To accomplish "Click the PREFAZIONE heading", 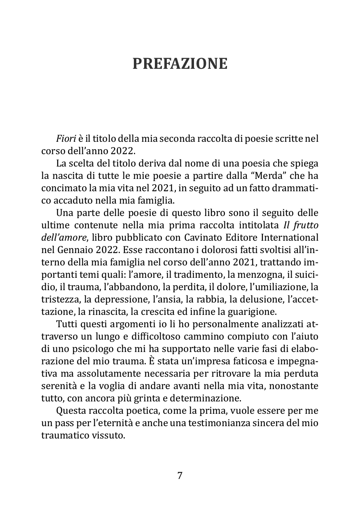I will point(180,63).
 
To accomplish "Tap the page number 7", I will point(180,476).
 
